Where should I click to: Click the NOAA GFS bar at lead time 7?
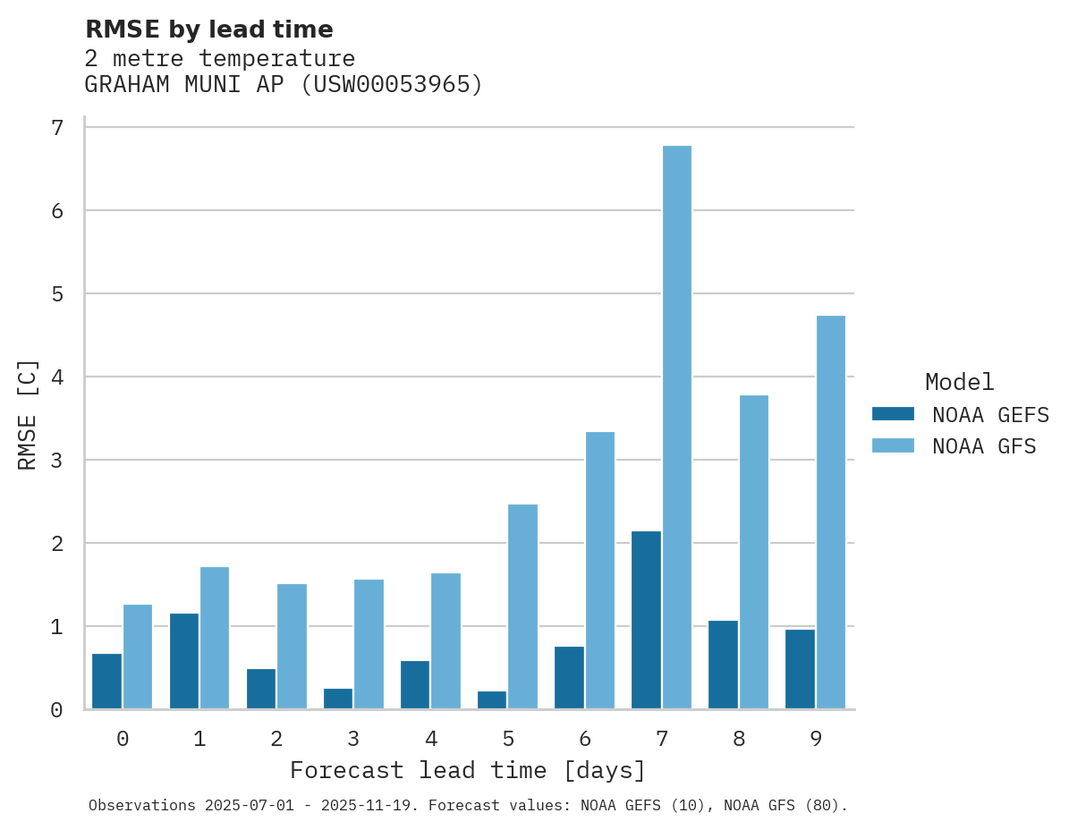coord(676,428)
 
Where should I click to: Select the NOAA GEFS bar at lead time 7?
coord(646,620)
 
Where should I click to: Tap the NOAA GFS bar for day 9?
coord(830,512)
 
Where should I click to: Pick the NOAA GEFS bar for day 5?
coord(492,700)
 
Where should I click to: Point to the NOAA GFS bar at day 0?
coord(138,656)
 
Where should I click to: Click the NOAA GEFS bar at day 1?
coord(183,661)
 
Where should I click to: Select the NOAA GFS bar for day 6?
coord(599,571)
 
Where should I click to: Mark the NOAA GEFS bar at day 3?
coord(338,699)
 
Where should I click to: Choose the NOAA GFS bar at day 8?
coord(753,552)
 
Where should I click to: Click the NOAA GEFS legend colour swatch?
coord(893,414)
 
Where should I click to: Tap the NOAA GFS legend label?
coord(984,446)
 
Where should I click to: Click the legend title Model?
coord(959,383)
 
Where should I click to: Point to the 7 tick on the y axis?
coord(57,128)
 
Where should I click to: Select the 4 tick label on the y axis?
coord(57,377)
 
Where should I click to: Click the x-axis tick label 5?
coord(507,739)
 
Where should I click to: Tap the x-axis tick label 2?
coord(276,739)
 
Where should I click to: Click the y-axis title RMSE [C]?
coord(28,413)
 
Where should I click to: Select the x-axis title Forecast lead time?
coord(467,770)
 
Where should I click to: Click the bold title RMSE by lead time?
coord(208,30)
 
